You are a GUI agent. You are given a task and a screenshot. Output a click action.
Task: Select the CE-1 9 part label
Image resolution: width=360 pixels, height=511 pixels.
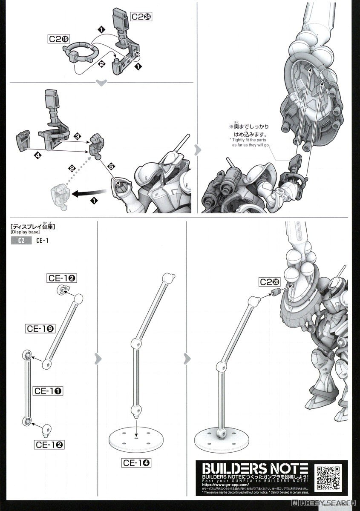(x=39, y=328)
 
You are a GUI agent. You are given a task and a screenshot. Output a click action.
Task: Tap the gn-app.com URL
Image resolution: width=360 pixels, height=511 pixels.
(x=222, y=485)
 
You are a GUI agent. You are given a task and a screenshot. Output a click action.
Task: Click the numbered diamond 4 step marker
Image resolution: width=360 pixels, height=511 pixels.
(x=39, y=156)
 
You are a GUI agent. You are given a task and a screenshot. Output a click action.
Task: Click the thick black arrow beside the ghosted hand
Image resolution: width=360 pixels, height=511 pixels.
(x=87, y=194)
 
